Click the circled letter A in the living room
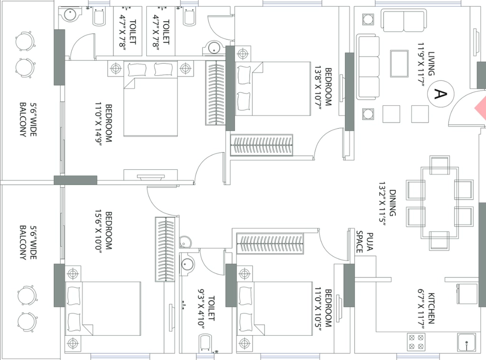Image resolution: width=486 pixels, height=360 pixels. pyautogui.click(x=440, y=94)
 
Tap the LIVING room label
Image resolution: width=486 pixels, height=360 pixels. pyautogui.click(x=431, y=64)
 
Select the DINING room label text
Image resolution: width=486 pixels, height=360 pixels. pyautogui.click(x=393, y=203)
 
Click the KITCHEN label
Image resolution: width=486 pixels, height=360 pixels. pyautogui.click(x=431, y=308)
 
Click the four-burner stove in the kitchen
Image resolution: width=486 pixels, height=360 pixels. pyautogui.click(x=416, y=342)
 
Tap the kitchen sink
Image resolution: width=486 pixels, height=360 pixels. pyautogui.click(x=467, y=342)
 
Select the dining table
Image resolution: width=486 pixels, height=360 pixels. pyautogui.click(x=439, y=203)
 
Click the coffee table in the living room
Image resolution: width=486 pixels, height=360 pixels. pyautogui.click(x=399, y=64)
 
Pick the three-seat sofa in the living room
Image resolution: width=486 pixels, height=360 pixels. pyautogui.click(x=368, y=67)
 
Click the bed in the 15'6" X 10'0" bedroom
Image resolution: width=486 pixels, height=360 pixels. pyautogui.click(x=103, y=309)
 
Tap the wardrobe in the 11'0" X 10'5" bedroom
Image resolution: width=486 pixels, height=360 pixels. pyautogui.click(x=270, y=243)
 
